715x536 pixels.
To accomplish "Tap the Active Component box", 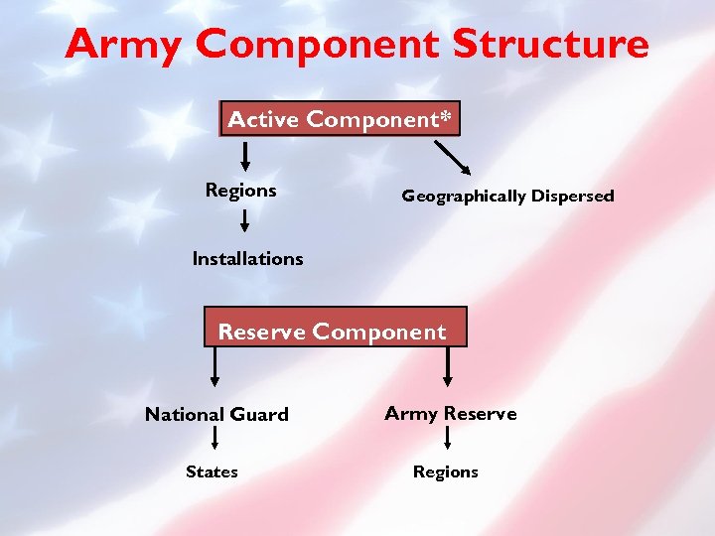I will pyautogui.click(x=340, y=119).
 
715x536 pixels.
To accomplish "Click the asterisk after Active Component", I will pyautogui.click(x=446, y=117).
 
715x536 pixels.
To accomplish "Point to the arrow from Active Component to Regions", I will pyautogui.click(x=245, y=155).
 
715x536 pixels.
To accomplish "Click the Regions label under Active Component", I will pyautogui.click(x=240, y=190).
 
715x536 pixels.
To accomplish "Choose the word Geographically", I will pyautogui.click(x=463, y=197).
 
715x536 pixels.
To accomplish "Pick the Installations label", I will pyautogui.click(x=247, y=258).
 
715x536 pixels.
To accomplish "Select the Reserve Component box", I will pyautogui.click(x=334, y=332).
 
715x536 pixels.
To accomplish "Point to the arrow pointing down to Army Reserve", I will pyautogui.click(x=449, y=366).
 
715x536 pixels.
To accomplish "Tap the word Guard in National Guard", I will pyautogui.click(x=258, y=415).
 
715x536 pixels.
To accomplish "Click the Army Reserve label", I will pyautogui.click(x=450, y=414).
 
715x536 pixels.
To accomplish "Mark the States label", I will pyautogui.click(x=212, y=471).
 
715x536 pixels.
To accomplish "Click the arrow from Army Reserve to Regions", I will pyautogui.click(x=449, y=440).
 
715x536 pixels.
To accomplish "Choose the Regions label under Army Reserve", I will pyautogui.click(x=445, y=472).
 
